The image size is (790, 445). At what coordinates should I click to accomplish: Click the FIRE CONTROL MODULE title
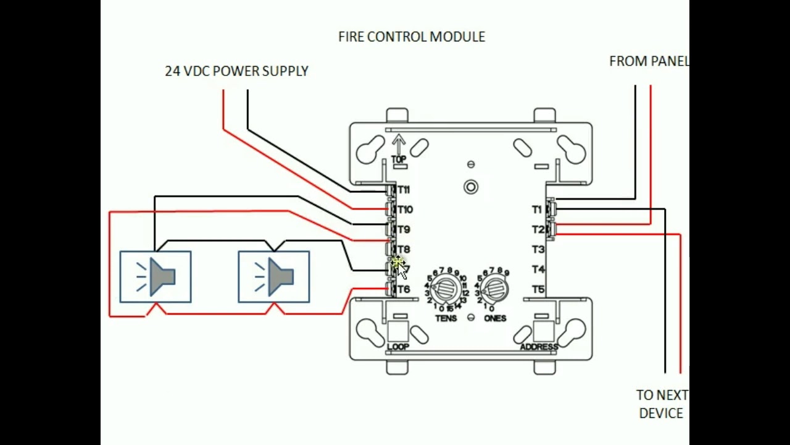coord(411,37)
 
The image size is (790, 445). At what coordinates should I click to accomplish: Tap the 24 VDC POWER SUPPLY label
coord(236,71)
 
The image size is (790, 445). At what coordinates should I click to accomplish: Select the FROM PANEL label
coord(648,61)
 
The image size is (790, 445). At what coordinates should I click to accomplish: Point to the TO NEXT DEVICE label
coord(662,404)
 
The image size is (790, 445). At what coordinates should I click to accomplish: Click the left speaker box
coord(156,277)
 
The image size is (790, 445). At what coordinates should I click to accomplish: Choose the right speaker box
coord(274,277)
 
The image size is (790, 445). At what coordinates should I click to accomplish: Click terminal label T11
coord(404,190)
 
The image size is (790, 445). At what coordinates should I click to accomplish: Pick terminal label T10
coord(405,210)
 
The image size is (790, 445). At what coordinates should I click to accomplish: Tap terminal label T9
coord(404,229)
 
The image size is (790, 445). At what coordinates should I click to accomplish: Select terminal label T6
coord(404,289)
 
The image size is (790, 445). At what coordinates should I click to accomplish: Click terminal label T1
coord(537,210)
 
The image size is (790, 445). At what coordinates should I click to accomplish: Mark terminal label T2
coord(538,229)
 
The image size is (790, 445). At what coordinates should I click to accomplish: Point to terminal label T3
coord(538,250)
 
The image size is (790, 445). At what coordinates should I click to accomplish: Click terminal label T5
coord(538,289)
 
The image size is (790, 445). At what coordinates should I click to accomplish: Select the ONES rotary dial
coord(494,288)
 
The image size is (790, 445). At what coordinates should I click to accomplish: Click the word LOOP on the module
coord(398,347)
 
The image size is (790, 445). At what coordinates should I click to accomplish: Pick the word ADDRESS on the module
coord(539,347)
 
